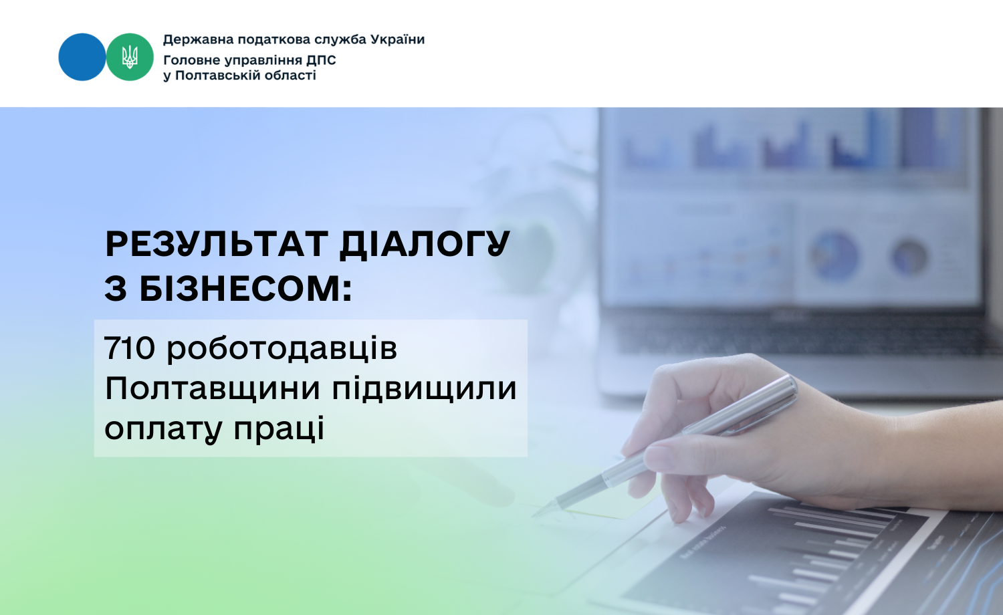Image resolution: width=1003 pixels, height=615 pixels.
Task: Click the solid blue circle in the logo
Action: (x=82, y=57)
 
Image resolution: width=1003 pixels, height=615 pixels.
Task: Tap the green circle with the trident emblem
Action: (x=130, y=57)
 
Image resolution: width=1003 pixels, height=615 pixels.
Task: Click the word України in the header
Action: (x=397, y=39)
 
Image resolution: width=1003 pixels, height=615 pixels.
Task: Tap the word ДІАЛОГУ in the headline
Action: (x=425, y=245)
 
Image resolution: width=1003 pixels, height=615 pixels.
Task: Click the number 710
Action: (x=130, y=348)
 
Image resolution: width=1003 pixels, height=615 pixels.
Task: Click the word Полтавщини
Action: (x=213, y=389)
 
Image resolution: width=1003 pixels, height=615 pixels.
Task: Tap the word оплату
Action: (x=163, y=430)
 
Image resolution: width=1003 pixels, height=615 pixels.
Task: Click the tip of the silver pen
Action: (x=534, y=516)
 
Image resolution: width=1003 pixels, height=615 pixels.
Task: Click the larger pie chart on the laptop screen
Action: (x=834, y=256)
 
